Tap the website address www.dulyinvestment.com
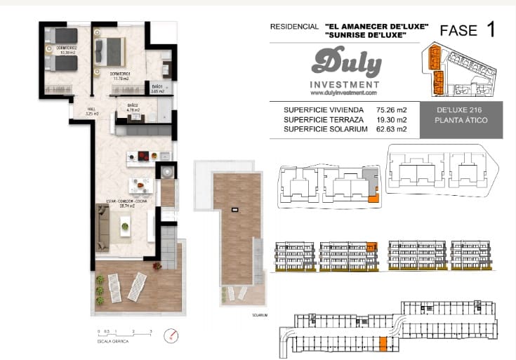click(343, 93)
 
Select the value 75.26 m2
click(391, 110)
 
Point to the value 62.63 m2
click(391, 130)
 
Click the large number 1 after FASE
click(490, 29)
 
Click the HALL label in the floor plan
click(91, 110)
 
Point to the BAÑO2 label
click(133, 107)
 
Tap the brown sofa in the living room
click(102, 227)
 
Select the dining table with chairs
click(140, 185)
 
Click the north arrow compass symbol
click(168, 335)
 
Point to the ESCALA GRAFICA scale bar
click(124, 334)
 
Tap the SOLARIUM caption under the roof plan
click(260, 315)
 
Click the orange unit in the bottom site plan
click(383, 343)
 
